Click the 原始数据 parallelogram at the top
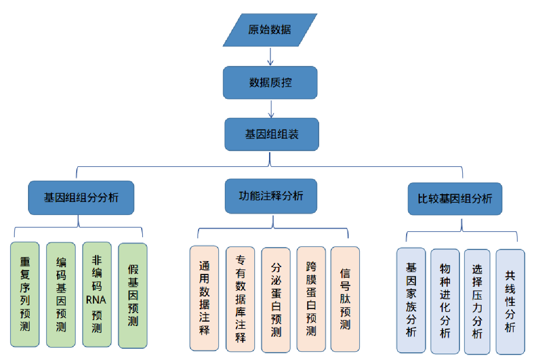[x=270, y=30]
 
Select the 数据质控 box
[x=270, y=83]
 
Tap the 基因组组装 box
[x=271, y=134]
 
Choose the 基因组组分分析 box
[x=81, y=198]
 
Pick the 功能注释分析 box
[x=271, y=196]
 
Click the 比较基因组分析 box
[x=455, y=199]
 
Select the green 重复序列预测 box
[x=25, y=295]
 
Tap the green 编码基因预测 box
[x=61, y=295]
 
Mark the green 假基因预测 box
[x=133, y=295]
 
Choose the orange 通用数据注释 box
[x=204, y=298]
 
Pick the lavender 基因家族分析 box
[x=411, y=300]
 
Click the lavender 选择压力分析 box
[x=477, y=301]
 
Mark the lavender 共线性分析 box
[x=510, y=301]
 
